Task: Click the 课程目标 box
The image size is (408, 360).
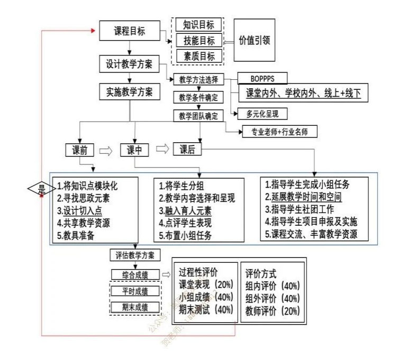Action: tap(129, 31)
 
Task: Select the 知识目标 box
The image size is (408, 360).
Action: tap(198, 24)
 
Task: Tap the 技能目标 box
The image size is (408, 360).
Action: tap(198, 40)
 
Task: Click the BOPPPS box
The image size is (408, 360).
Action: tap(263, 78)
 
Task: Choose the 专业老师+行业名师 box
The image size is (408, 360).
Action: tap(278, 131)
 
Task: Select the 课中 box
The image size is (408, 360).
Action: tap(135, 150)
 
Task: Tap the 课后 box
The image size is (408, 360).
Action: tap(187, 150)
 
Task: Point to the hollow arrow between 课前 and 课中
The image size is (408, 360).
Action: tap(107, 151)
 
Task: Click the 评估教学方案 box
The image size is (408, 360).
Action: tap(135, 254)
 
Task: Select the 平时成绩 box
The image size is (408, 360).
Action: tap(135, 291)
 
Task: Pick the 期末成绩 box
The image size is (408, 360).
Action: tap(135, 307)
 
